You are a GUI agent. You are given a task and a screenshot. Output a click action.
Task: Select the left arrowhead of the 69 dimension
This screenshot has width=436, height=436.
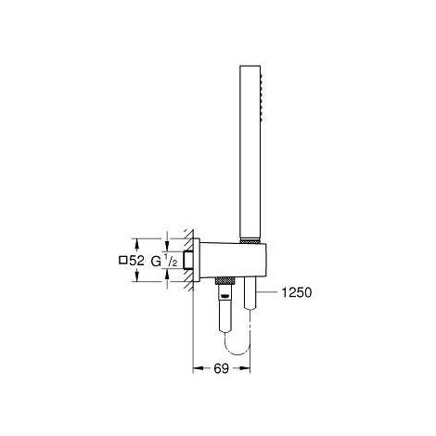198,369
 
